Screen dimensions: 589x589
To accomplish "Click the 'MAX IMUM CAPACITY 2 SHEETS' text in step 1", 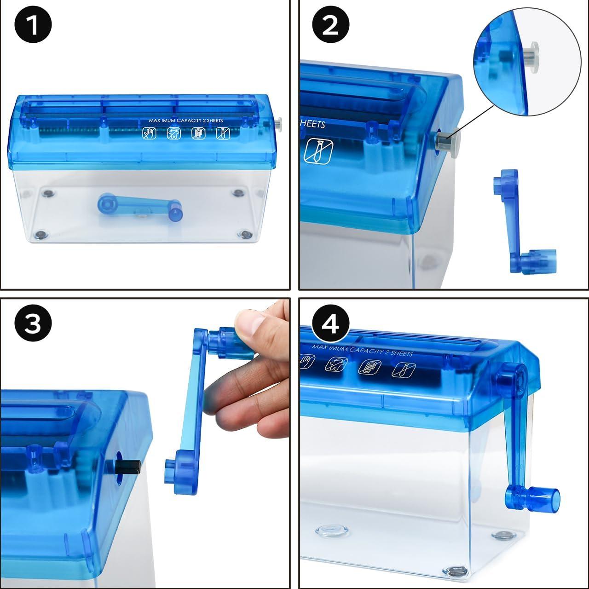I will [185, 121].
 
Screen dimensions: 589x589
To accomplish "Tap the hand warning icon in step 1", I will [149, 133].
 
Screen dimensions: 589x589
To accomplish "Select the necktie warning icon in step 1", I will [223, 133].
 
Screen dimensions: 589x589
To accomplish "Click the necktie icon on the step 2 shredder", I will [318, 151].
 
